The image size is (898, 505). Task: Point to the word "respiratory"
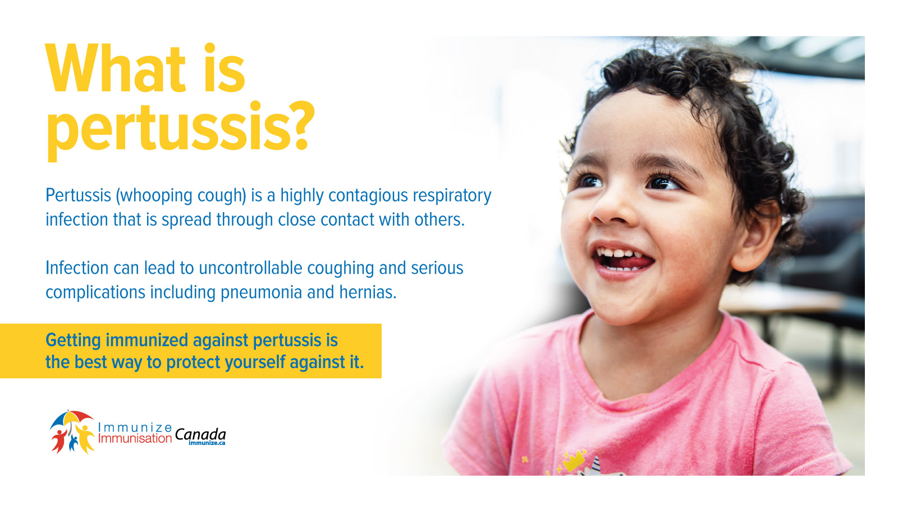pyautogui.click(x=452, y=196)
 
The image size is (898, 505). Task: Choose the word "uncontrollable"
pyautogui.click(x=250, y=268)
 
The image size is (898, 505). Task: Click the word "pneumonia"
pyautogui.click(x=261, y=292)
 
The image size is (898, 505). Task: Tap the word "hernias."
pyautogui.click(x=368, y=292)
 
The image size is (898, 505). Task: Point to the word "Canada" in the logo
pyautogui.click(x=200, y=434)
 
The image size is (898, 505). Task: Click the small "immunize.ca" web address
pyautogui.click(x=207, y=443)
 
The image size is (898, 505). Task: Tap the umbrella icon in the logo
pyautogui.click(x=71, y=419)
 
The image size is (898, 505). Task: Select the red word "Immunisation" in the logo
pyautogui.click(x=135, y=438)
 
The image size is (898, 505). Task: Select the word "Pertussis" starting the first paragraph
pyautogui.click(x=78, y=195)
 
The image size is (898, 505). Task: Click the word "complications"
pyautogui.click(x=95, y=293)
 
